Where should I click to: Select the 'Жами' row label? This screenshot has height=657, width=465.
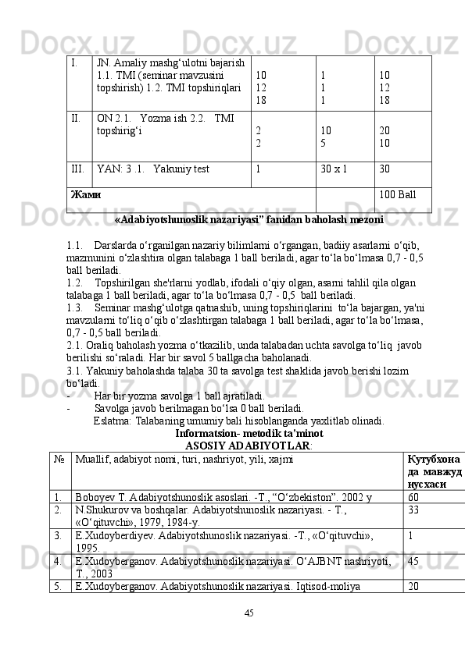[x=85, y=194]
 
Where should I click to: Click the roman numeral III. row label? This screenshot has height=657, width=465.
[x=78, y=168]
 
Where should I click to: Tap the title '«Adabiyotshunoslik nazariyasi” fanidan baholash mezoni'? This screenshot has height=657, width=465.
[x=249, y=220]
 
